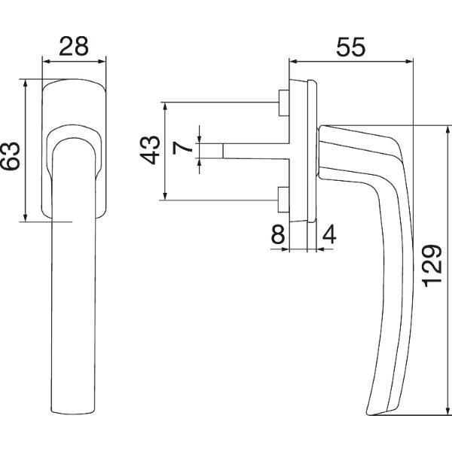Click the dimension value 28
74,46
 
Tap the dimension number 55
351,47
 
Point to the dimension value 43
150,150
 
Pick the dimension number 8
278,234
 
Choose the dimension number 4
329,234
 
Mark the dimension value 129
432,267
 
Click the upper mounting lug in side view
284,103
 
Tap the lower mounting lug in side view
284,200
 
